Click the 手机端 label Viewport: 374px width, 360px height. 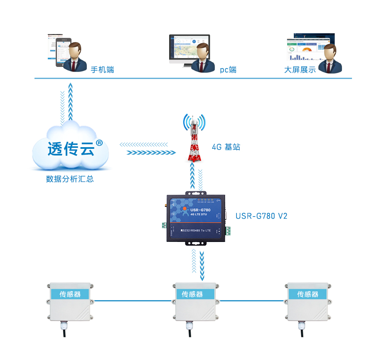point(102,70)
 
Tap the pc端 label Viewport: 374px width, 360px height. point(228,70)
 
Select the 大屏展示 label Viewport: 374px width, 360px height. point(300,70)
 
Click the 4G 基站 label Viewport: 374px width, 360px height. point(226,147)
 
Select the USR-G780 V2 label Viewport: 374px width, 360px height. point(261,216)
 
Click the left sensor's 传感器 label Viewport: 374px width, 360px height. point(70,294)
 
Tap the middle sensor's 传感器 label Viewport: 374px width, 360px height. point(192,294)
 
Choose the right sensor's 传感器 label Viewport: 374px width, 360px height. point(308,294)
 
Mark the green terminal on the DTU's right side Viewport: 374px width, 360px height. point(229,231)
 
